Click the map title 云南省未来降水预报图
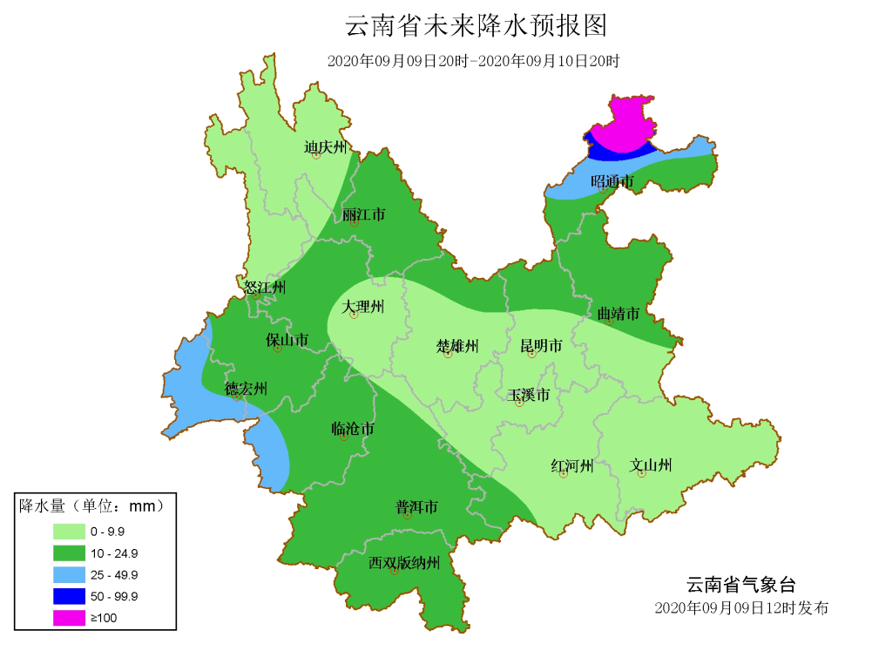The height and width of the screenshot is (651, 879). point(476,25)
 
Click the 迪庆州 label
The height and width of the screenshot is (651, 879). point(325,147)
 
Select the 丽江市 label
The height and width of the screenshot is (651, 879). point(363,214)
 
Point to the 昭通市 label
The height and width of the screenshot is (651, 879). point(612,181)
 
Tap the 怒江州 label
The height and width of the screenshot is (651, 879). point(264,287)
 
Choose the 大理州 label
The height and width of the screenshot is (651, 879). point(362,307)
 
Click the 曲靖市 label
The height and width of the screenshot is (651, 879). point(619,313)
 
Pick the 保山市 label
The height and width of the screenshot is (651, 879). point(287,340)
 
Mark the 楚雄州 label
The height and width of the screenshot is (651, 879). point(457,346)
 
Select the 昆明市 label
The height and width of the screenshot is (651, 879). point(541,346)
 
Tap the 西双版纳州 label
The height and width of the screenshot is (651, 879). point(403,562)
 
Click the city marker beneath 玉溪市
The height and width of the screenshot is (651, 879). point(519,403)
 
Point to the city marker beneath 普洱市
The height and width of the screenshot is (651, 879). point(408,516)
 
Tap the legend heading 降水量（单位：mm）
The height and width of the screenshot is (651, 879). point(91,505)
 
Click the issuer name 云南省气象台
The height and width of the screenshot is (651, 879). point(740,584)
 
